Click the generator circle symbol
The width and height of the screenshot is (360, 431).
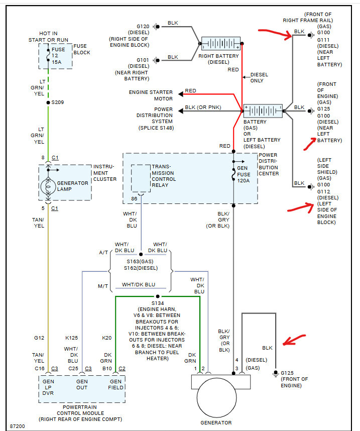point(220,400)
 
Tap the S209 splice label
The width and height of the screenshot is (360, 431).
point(58,102)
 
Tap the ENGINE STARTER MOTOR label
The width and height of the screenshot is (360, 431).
point(151,95)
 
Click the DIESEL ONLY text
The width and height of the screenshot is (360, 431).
point(259,78)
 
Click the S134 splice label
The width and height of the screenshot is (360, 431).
point(158,302)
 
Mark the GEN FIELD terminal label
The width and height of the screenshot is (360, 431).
point(115,385)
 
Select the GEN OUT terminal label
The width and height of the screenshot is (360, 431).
point(82,385)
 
